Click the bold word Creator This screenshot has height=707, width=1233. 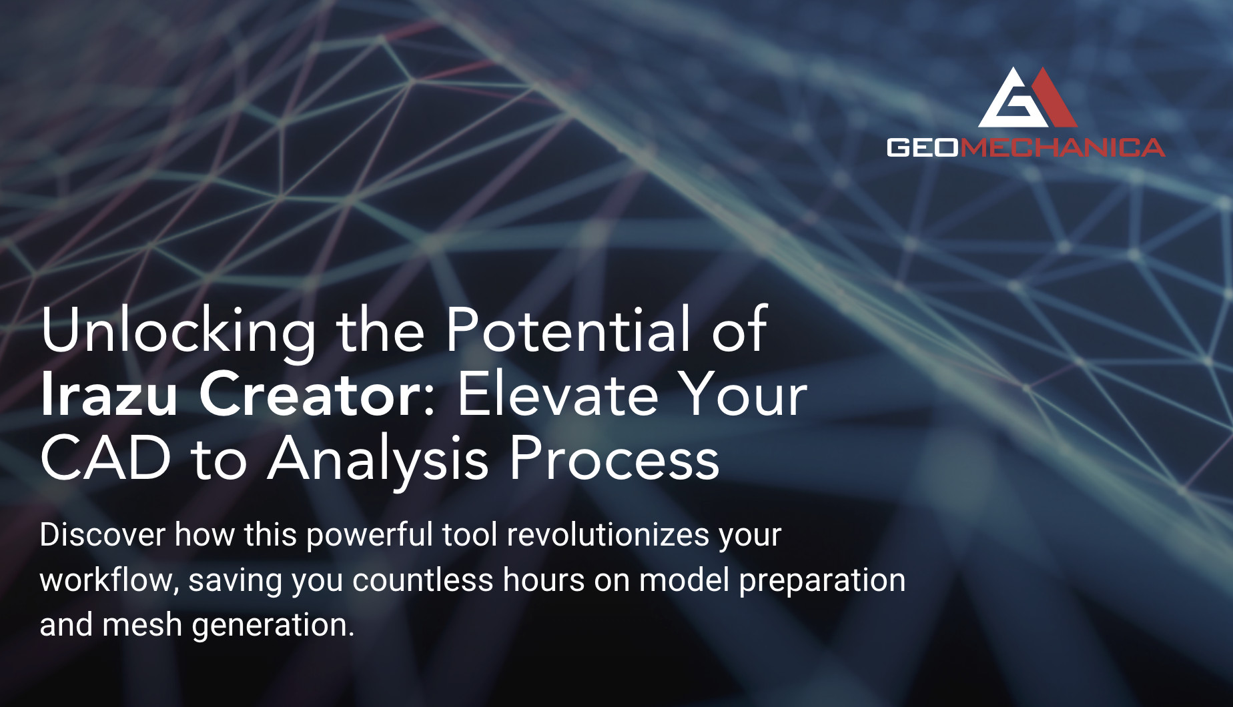pos(309,394)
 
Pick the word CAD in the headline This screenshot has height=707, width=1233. pos(106,458)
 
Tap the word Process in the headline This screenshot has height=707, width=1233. pos(614,458)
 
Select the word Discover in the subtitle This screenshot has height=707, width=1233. pos(103,535)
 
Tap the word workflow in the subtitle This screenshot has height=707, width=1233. pos(107,580)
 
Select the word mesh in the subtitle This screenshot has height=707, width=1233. pos(142,625)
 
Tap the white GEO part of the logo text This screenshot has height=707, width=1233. pos(923,147)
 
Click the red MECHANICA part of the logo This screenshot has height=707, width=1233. pos(1062,147)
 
